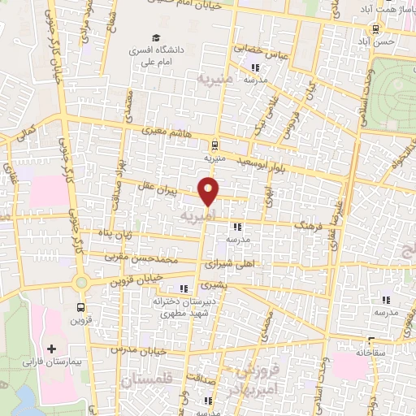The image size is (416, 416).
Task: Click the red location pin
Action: [210, 191]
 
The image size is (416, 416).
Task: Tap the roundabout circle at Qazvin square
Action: [80, 283]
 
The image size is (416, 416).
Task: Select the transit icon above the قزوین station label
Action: [80, 307]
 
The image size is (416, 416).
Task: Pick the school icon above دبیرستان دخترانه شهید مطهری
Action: [184, 288]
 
